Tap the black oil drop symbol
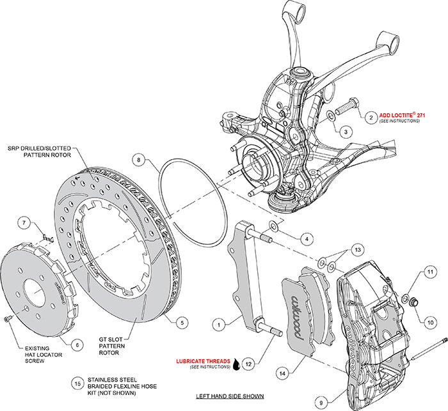coord(237,363)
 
